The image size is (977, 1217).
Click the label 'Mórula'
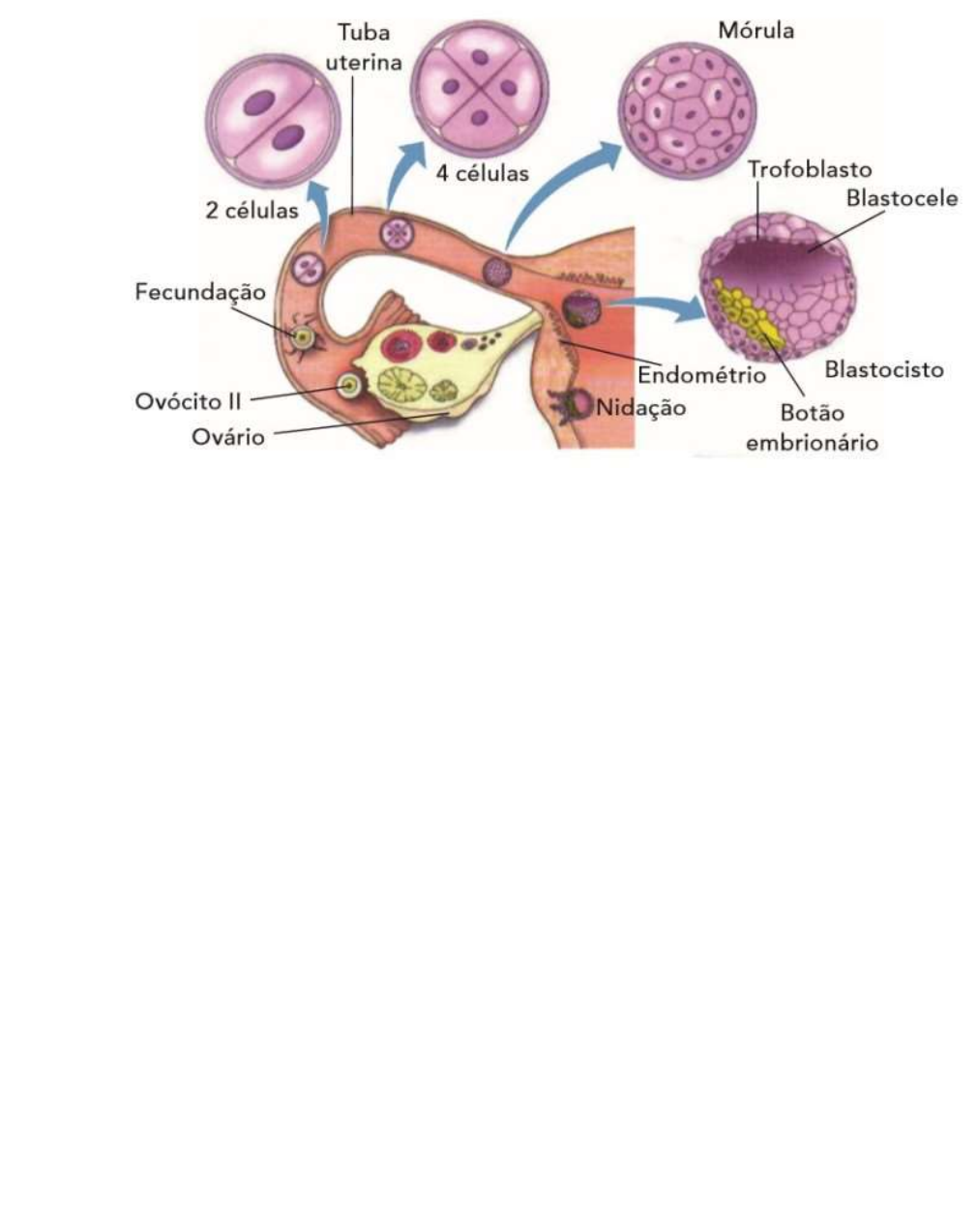point(755,30)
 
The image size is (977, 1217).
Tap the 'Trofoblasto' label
point(809,169)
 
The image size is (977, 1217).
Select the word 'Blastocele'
point(902,198)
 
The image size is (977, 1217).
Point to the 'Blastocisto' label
point(883,369)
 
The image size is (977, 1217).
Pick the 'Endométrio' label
point(701,374)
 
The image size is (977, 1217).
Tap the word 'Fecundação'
point(199,291)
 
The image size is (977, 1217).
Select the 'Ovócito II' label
point(189,401)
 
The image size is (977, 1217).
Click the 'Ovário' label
point(228,436)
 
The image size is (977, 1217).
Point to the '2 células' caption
point(252,210)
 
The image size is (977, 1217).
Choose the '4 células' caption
point(482,174)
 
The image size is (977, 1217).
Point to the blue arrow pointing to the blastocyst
point(664,306)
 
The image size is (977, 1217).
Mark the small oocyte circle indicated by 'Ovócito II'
point(347,386)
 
